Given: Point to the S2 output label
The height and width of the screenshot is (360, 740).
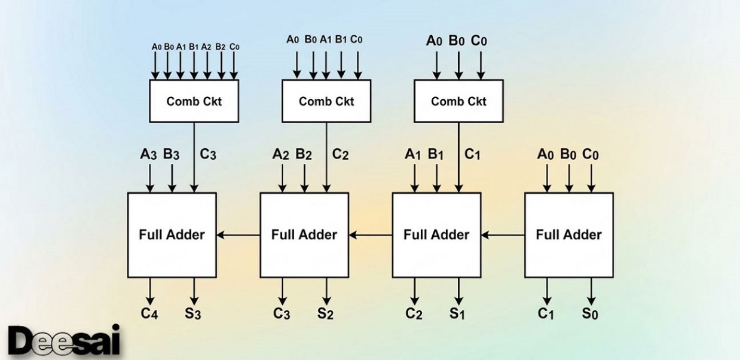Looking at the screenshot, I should coord(326,313).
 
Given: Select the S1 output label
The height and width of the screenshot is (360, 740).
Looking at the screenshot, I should coord(458,313).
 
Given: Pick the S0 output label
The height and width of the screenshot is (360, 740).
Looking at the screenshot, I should coord(591,313).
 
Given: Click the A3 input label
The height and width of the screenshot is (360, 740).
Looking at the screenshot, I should coord(149,154).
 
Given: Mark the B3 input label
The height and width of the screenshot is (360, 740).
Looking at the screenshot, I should coord(172,154).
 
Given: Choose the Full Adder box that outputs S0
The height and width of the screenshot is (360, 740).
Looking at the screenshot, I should coord(568,235).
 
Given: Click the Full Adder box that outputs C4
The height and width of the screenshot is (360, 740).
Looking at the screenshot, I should coord(172,235).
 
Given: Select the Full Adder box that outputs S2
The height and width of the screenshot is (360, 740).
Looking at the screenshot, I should coord(304,235).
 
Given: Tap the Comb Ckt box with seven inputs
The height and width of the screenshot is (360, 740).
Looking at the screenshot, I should coord(194,101).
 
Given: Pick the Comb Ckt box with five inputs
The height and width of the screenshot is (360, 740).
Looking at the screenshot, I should coord(326,101).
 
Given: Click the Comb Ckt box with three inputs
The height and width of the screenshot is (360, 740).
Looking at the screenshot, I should coord(458,101).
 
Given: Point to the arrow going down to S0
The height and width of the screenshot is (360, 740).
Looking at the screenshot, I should coord(591,291).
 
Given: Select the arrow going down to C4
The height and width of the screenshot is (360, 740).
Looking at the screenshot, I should coord(150,291).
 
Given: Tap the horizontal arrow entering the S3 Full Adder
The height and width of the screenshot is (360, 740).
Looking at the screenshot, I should coord(238,235).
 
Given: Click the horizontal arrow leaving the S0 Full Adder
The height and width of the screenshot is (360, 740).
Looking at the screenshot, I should coord(503,235).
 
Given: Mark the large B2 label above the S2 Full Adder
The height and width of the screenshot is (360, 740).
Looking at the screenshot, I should coord(304,154).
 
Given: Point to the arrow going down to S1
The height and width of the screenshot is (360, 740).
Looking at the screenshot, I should coord(458,291).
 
